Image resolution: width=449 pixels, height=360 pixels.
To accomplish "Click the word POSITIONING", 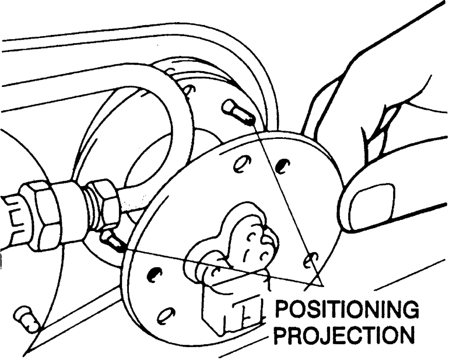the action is pos(346,310).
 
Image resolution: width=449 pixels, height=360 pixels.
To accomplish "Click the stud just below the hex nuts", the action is pos(112,240).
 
